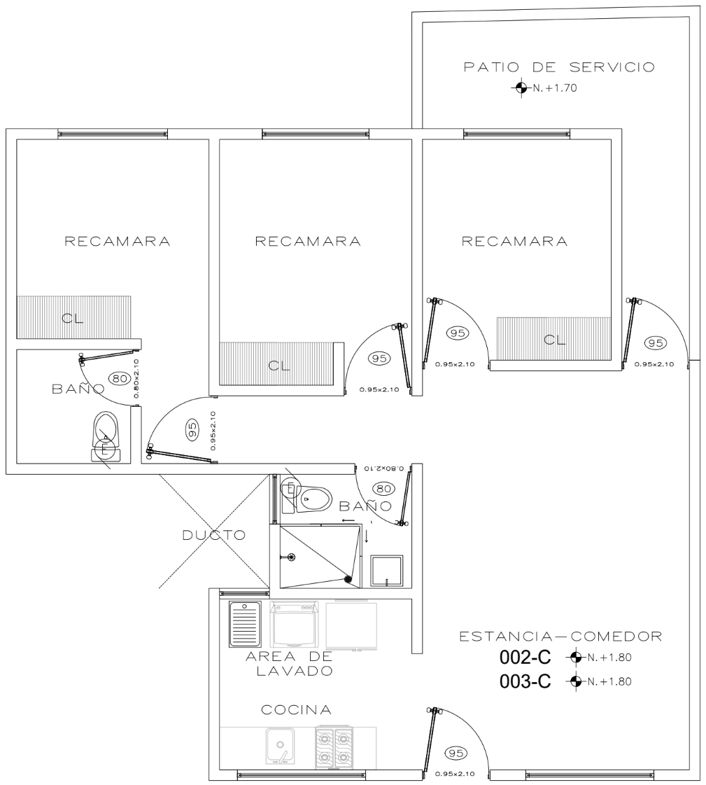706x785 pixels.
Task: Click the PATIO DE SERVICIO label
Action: (x=559, y=67)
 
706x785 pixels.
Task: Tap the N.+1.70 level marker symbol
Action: (x=521, y=88)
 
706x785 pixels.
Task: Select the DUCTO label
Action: (x=213, y=535)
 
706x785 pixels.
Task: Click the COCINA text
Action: (x=296, y=709)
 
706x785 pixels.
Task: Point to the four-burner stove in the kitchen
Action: (x=334, y=747)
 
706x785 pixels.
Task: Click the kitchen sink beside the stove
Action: (x=280, y=745)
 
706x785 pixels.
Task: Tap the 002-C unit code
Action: (x=525, y=658)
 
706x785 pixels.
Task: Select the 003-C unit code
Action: (x=525, y=681)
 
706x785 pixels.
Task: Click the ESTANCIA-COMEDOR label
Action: (x=560, y=637)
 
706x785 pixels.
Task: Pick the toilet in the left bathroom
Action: (x=106, y=436)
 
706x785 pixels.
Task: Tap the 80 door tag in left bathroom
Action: (x=120, y=378)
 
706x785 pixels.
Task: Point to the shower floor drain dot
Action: (x=348, y=579)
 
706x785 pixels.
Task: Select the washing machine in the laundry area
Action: (x=295, y=624)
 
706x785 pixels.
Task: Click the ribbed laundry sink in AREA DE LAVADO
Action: (x=245, y=625)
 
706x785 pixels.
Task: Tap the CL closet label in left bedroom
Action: (x=73, y=319)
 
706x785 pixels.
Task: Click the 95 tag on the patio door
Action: (x=655, y=343)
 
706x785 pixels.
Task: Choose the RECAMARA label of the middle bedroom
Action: (x=308, y=242)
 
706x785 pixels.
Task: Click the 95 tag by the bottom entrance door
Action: (x=456, y=753)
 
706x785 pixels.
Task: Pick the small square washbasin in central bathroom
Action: (x=386, y=571)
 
